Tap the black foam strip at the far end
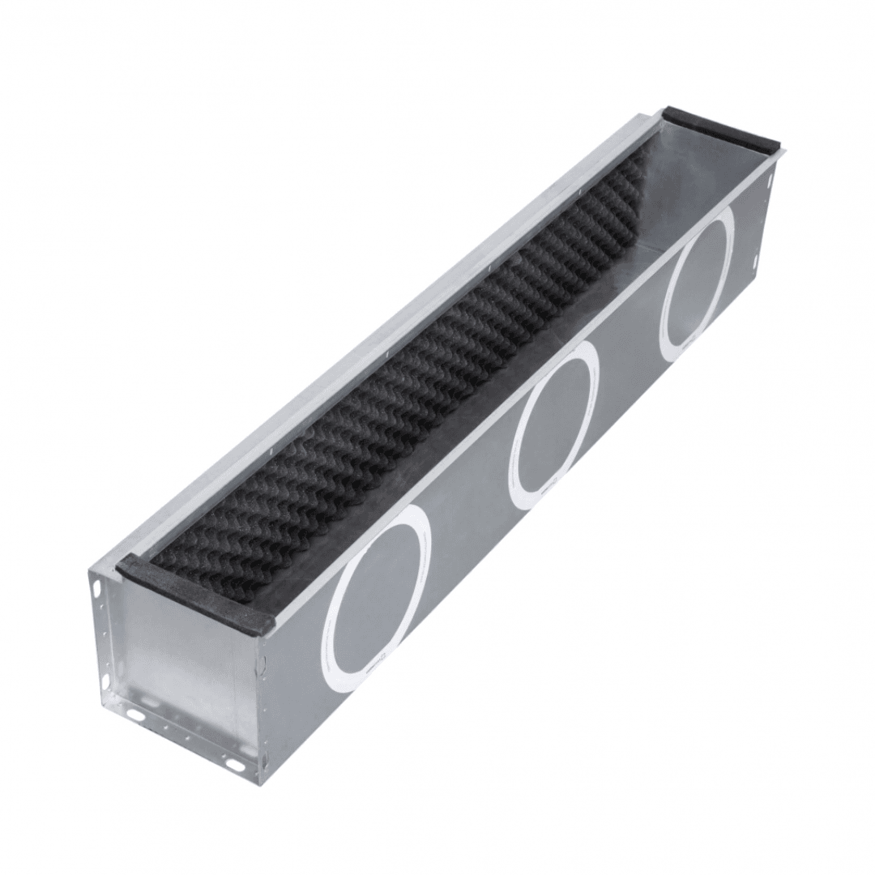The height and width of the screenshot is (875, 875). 721,130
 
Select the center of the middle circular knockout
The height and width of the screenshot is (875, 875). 556,425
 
